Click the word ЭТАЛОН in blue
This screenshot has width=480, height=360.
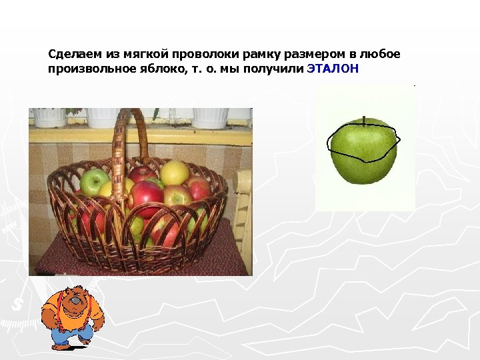click(x=333, y=69)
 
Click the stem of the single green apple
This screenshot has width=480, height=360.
click(x=364, y=121)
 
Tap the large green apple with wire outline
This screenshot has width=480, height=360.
click(x=364, y=153)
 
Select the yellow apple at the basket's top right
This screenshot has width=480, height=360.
click(x=175, y=172)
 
